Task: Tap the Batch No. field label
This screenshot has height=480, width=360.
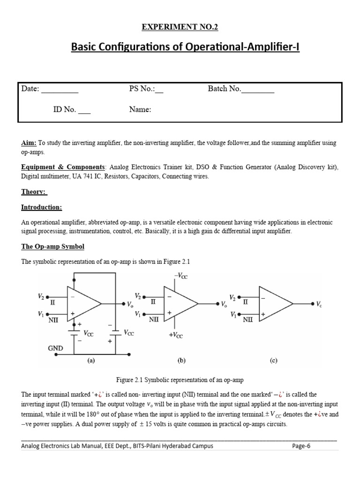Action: pyautogui.click(x=224, y=89)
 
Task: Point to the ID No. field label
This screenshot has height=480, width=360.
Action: pyautogui.click(x=64, y=110)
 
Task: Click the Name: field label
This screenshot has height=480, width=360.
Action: pyautogui.click(x=140, y=110)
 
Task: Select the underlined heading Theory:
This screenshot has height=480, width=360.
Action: pyautogui.click(x=34, y=192)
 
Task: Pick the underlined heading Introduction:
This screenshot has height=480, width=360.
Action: pyautogui.click(x=41, y=207)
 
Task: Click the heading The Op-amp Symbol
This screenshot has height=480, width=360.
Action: pyautogui.click(x=52, y=247)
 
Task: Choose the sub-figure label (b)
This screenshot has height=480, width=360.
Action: pyautogui.click(x=181, y=361)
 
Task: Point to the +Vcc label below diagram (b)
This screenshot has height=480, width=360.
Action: pyautogui.click(x=176, y=336)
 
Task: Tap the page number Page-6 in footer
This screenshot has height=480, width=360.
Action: pyautogui.click(x=301, y=446)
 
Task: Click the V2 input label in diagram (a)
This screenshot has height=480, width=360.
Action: pyautogui.click(x=41, y=296)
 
